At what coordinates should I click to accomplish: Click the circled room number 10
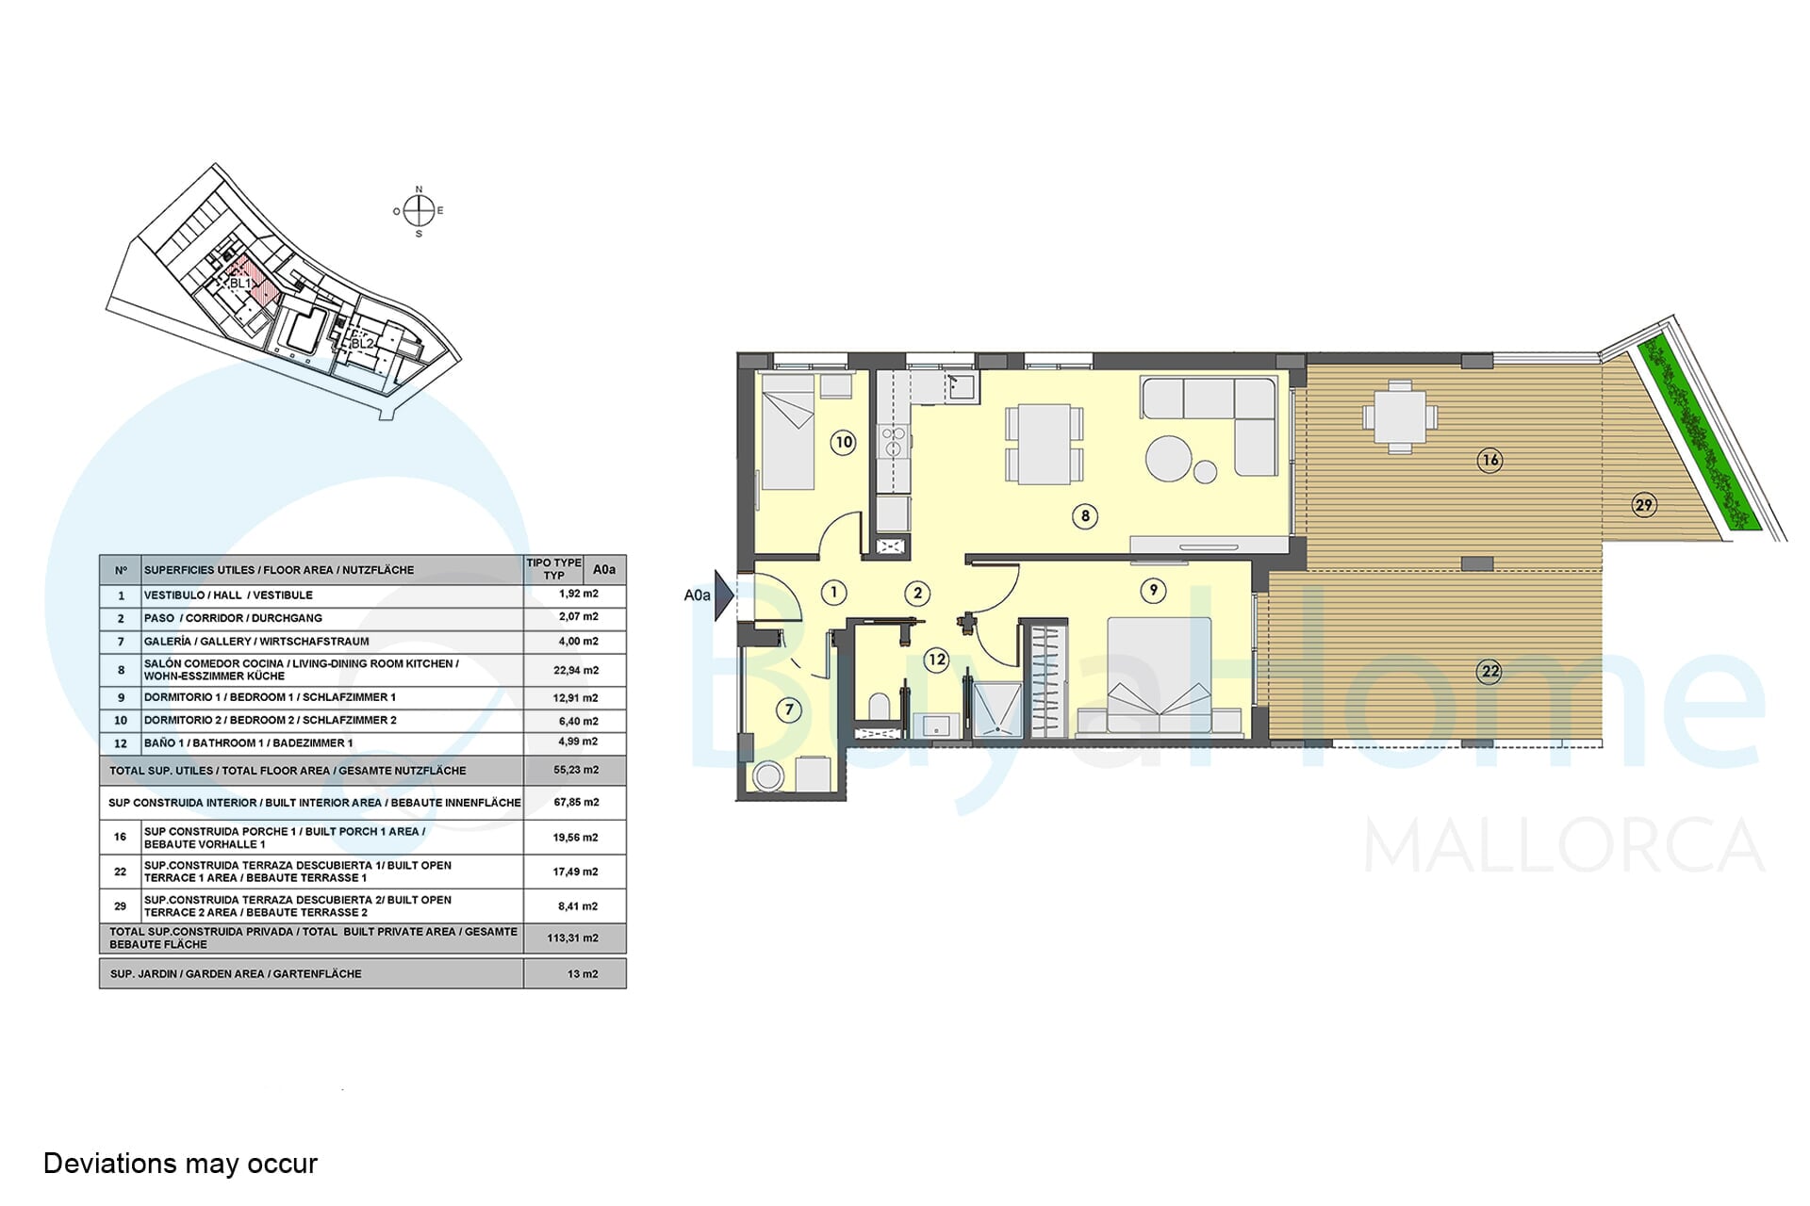point(843,442)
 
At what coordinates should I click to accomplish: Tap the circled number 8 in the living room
point(1085,515)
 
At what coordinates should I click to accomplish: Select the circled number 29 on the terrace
point(1644,505)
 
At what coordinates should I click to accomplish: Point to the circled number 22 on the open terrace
point(1489,671)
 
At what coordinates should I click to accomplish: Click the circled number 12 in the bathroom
point(936,660)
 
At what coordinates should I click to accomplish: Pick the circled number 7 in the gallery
point(789,709)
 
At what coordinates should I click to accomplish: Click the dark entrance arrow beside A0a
point(724,595)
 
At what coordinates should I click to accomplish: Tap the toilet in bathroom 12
point(878,708)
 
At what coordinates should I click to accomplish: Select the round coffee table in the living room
point(1168,459)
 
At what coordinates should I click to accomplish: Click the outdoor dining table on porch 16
point(1400,416)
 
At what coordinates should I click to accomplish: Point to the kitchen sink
point(963,386)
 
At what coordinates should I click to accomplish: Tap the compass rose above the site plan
point(419,211)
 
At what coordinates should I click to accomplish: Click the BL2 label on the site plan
point(363,344)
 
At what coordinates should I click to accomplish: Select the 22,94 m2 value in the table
point(575,670)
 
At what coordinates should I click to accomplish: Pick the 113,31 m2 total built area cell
point(573,938)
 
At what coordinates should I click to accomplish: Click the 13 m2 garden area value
point(583,973)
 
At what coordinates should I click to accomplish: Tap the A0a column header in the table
point(604,569)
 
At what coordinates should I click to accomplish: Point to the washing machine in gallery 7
point(768,776)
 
